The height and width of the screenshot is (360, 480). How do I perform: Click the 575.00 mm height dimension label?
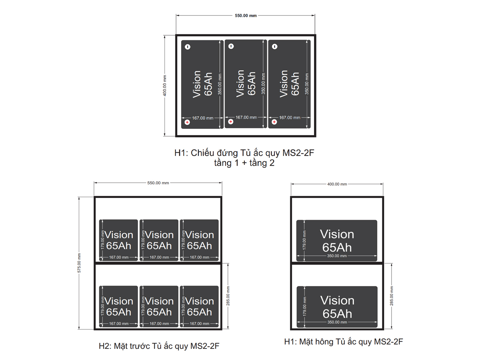79,263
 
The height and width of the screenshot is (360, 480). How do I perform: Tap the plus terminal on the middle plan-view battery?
230,122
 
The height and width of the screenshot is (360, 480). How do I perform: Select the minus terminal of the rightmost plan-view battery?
274,46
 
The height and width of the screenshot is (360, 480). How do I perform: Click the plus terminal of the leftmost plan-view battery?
187,122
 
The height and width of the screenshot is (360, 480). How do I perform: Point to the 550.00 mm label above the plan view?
246,16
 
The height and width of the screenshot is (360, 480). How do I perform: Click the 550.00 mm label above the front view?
158,183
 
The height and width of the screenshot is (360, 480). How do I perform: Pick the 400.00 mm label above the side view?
337,184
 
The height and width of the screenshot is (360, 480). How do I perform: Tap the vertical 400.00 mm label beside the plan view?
165,85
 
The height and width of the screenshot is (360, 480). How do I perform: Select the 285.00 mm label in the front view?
228,296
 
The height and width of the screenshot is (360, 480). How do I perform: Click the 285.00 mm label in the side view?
392,296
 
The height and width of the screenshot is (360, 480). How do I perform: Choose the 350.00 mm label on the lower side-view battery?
337,322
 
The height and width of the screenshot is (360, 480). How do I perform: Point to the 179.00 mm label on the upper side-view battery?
304,240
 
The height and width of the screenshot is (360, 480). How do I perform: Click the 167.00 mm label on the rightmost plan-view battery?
290,118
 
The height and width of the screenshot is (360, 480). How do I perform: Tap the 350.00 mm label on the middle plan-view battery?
263,83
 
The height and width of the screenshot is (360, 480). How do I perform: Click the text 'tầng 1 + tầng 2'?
244,163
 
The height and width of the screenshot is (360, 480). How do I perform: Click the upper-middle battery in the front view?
159,240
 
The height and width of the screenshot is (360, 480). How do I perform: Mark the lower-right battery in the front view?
199,306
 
